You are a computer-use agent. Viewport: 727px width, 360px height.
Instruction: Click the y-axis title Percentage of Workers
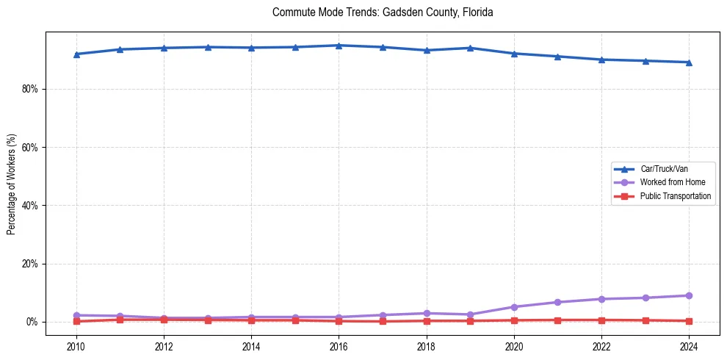12,184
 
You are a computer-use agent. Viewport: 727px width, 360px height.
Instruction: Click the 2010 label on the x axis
76,346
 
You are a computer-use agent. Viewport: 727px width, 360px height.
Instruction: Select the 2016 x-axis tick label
339,346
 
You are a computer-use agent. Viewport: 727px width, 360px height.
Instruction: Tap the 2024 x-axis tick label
689,346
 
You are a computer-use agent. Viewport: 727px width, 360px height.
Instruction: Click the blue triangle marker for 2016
339,46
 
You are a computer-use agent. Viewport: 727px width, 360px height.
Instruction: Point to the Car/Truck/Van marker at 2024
689,62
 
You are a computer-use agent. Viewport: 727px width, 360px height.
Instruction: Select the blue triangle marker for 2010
76,54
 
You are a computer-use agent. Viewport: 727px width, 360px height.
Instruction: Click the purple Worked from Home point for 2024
689,295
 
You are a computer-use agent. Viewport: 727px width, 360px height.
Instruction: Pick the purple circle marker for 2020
514,307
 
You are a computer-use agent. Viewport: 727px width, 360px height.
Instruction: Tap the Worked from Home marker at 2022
601,299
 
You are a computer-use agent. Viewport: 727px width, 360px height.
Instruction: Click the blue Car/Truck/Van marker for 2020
514,54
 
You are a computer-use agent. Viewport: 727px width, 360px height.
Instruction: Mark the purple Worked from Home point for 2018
427,313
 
